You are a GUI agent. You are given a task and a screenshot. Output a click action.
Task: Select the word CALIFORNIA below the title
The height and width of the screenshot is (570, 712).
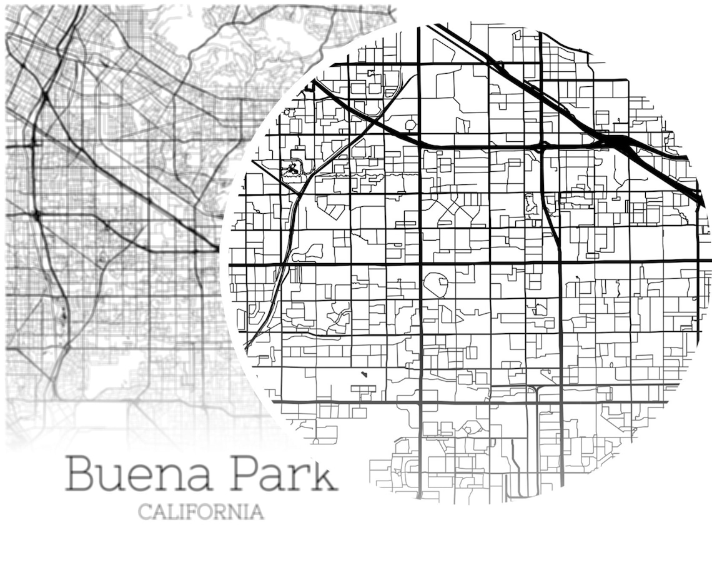200,512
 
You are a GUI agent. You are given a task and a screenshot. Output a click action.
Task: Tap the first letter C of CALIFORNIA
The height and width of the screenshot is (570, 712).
144,512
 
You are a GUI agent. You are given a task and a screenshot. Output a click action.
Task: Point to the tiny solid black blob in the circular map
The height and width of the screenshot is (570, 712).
363,375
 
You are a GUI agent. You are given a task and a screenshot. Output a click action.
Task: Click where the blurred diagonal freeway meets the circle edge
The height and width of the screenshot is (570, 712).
218,249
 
